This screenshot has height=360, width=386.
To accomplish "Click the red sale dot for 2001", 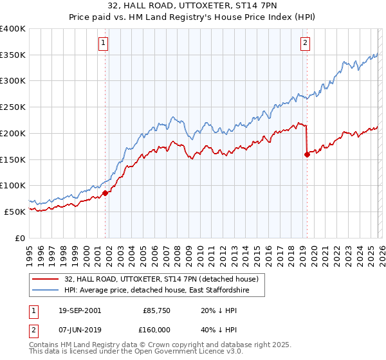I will [x=105, y=192].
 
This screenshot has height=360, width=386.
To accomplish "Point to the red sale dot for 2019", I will [x=307, y=154].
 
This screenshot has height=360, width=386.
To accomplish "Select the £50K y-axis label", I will [x=15, y=212].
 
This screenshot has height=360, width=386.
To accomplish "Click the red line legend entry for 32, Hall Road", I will [x=161, y=279].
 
